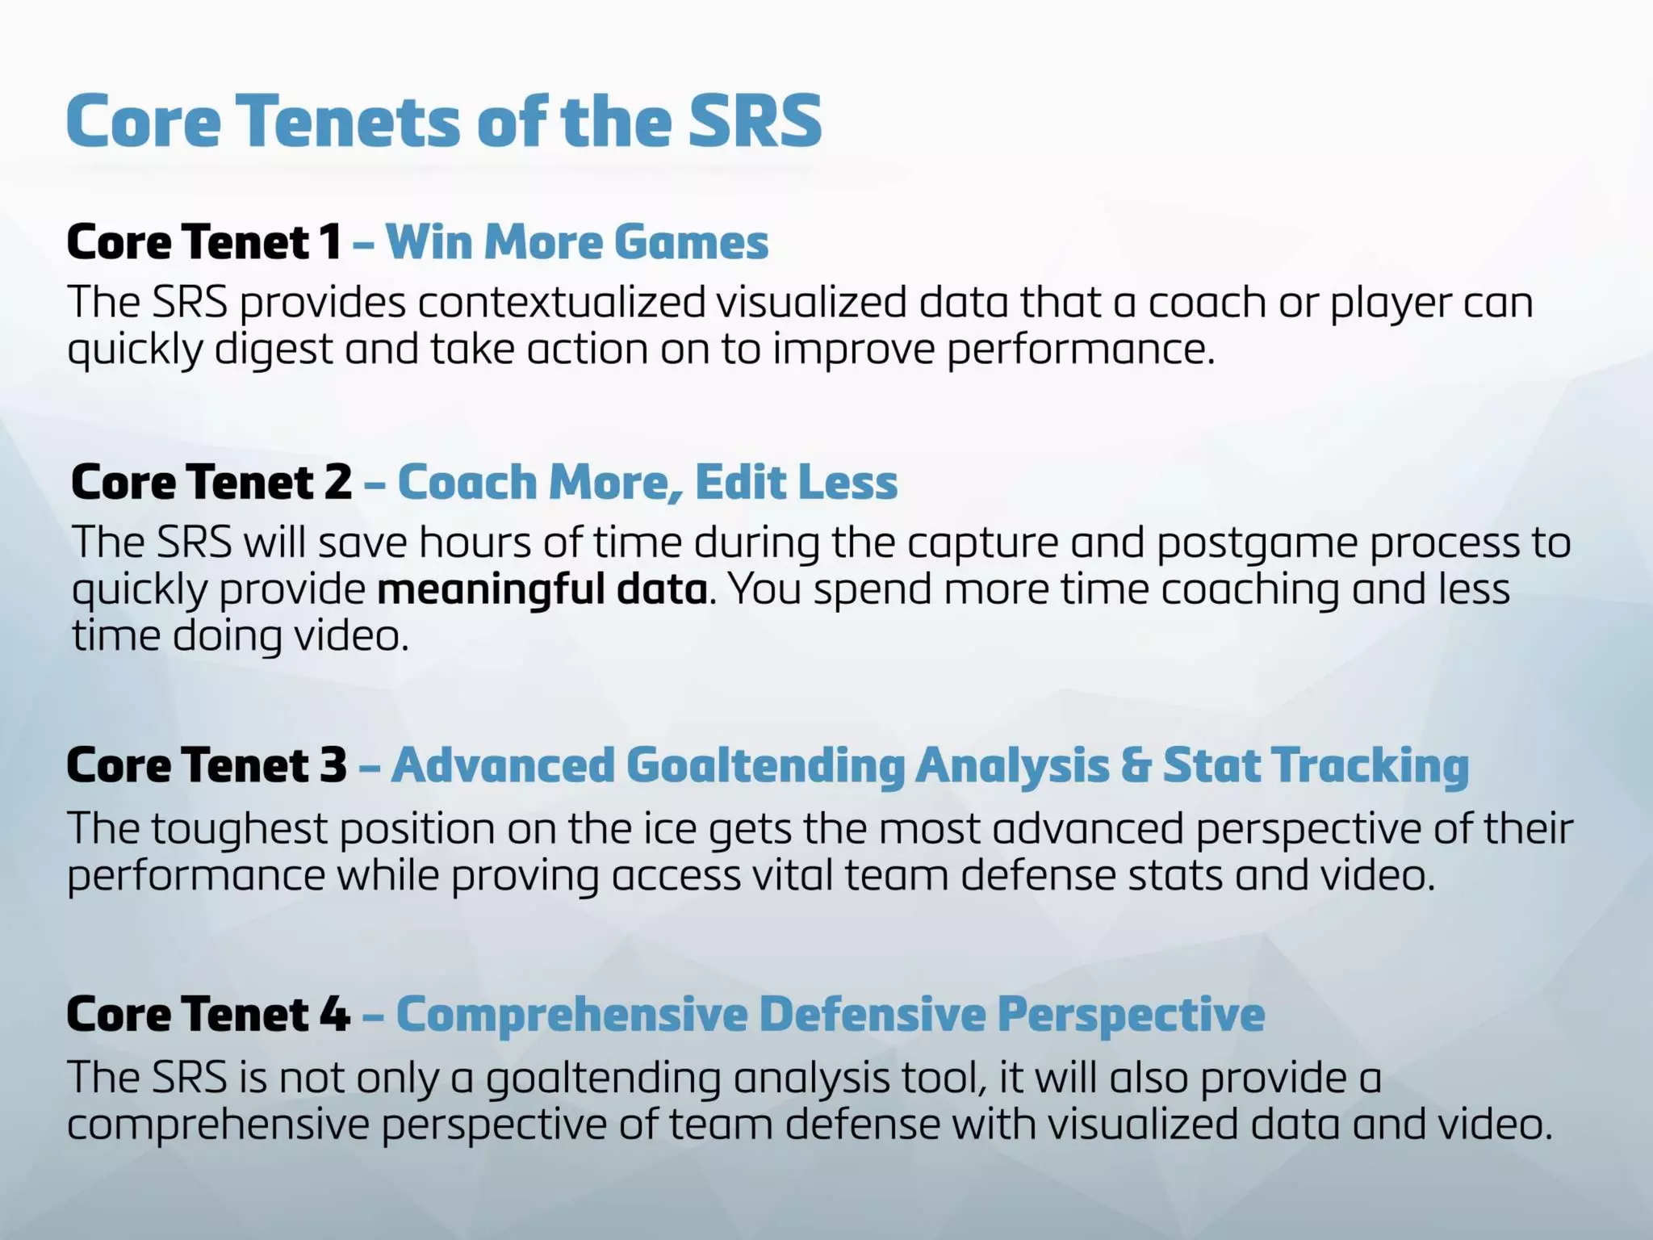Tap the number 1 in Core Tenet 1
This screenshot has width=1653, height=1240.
(x=329, y=242)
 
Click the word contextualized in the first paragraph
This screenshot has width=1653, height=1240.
(x=562, y=303)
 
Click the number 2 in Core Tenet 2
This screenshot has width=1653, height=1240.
(x=338, y=482)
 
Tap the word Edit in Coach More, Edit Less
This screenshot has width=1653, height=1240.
(x=730, y=482)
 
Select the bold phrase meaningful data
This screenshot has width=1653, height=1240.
(x=542, y=589)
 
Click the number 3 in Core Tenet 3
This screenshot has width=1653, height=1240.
(x=333, y=765)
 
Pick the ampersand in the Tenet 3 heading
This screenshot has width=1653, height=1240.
(x=1136, y=765)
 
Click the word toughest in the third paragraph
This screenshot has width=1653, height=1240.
(x=239, y=829)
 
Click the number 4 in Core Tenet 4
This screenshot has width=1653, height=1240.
(x=335, y=1014)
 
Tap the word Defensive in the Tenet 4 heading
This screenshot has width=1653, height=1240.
(x=872, y=1014)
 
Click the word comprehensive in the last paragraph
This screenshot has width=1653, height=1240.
(x=218, y=1125)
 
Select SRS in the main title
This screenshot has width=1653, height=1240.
(x=755, y=121)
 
